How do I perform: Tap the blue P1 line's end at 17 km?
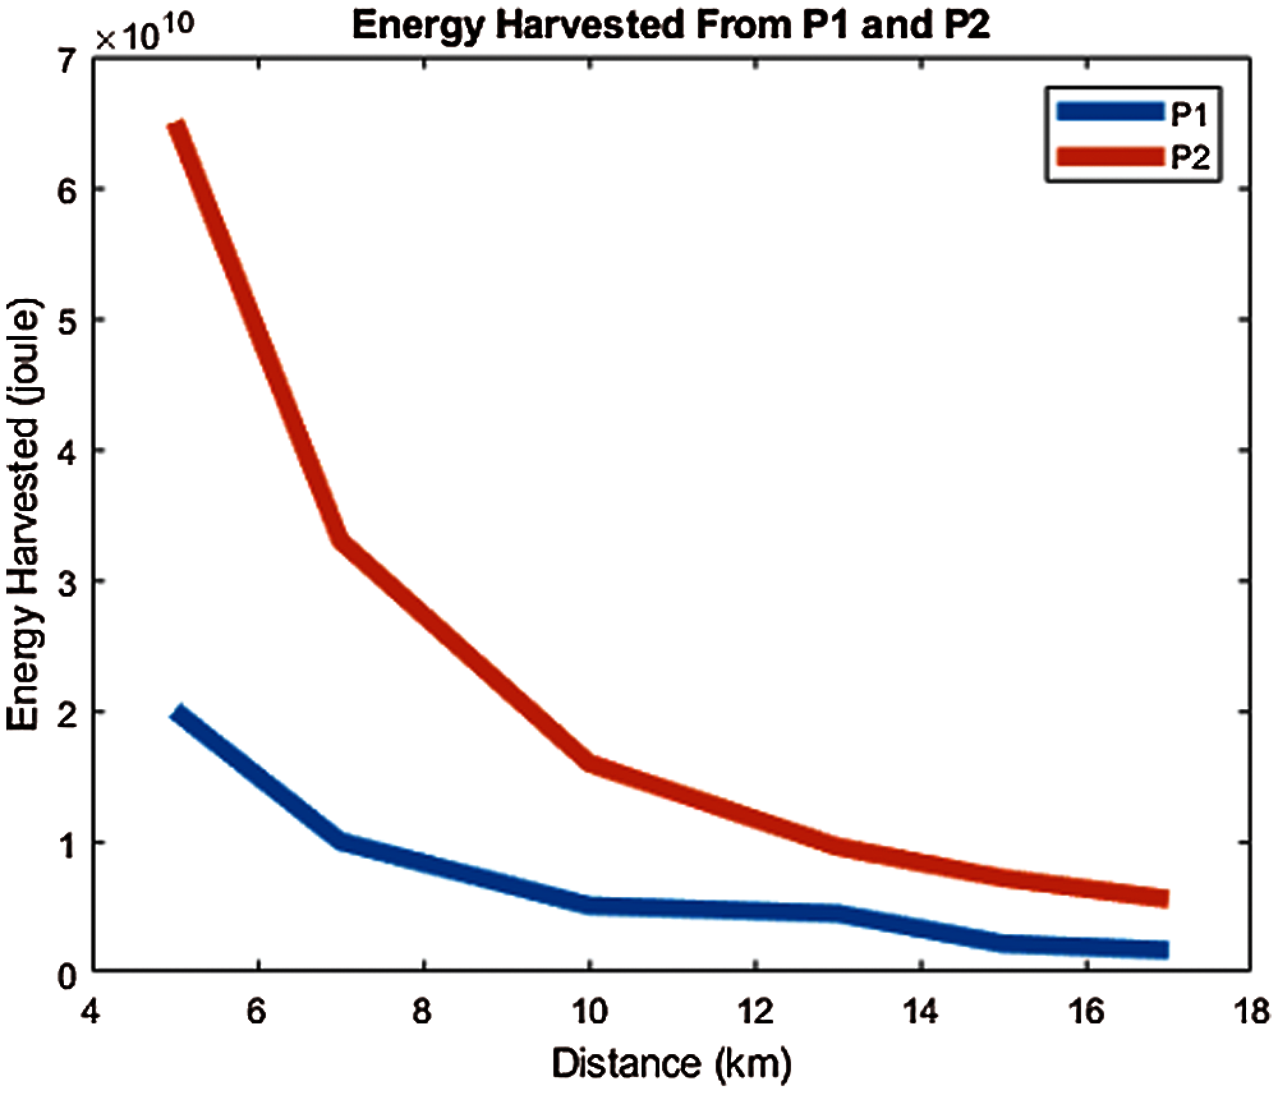click(x=1167, y=949)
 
